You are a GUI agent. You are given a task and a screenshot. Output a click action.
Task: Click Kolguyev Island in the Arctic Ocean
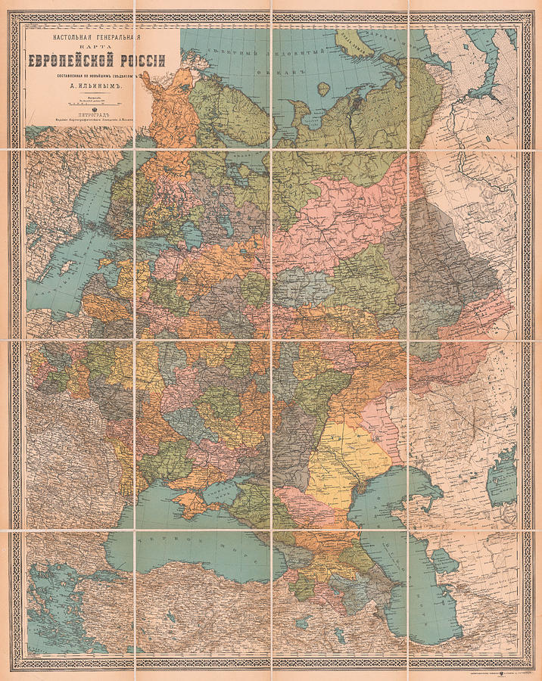click(x=324, y=89)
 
